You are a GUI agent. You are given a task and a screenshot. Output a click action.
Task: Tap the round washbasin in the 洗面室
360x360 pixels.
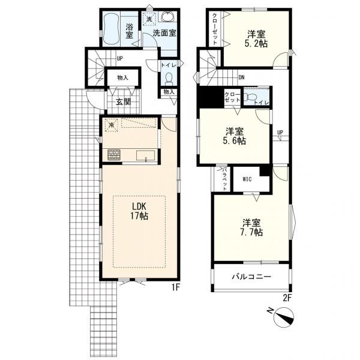pos(167,16)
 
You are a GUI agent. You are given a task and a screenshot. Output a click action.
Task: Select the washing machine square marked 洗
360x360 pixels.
pos(149,19)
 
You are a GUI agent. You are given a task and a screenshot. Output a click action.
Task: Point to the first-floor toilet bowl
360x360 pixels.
pos(169,77)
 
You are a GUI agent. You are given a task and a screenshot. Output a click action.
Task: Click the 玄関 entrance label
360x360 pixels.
pos(123,102)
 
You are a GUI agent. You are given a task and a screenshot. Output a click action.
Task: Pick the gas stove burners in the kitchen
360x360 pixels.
pos(114,155)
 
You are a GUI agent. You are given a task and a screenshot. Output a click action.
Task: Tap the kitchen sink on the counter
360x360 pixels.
pos(146,155)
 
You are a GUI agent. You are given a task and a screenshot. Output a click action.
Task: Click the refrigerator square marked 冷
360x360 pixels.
pos(112,125)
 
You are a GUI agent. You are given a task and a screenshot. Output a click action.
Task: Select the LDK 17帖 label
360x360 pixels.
pos(139,211)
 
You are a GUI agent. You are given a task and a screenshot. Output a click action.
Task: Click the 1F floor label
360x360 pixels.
pos(175,287)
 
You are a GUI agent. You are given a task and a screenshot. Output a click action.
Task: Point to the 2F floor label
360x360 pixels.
pos(287,298)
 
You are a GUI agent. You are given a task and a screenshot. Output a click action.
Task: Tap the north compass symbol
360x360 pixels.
pos(284,316)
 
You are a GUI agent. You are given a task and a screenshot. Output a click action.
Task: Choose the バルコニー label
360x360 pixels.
pos(251,276)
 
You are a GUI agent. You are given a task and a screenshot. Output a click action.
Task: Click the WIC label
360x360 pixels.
pos(247,179)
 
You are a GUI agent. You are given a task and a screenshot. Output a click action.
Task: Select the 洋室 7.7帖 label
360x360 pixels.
pos(252,227)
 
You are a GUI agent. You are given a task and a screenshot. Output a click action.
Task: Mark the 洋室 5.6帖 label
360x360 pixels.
pos(235,136)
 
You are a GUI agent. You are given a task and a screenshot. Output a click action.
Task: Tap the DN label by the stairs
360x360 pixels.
pos(241,77)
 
